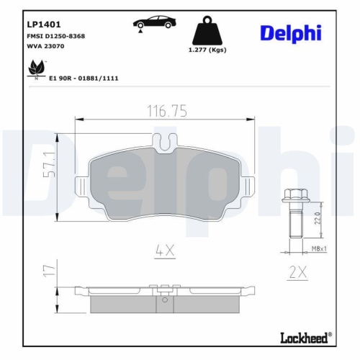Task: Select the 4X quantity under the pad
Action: (x=165, y=251)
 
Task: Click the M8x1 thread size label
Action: (x=320, y=248)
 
